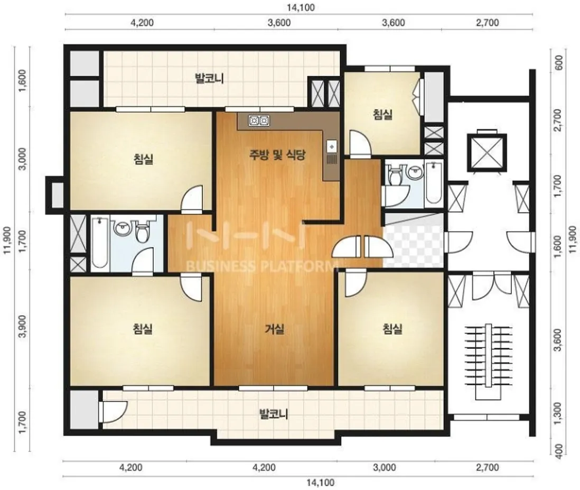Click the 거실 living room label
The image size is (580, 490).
coord(275,329)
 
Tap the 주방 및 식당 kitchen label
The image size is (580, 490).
coord(277,154)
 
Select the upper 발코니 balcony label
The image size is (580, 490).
coord(209,79)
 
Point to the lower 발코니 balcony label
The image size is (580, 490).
coord(274,413)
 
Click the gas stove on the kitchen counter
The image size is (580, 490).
coord(259,121)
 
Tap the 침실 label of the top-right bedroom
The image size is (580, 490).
coord(382,114)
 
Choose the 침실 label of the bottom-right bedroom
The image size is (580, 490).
coord(392,329)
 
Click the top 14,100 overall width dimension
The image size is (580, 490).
coord(301,7)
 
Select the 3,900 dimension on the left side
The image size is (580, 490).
coord(23,327)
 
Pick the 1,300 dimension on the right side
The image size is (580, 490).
coord(558,411)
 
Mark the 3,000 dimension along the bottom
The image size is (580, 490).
coord(385,467)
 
